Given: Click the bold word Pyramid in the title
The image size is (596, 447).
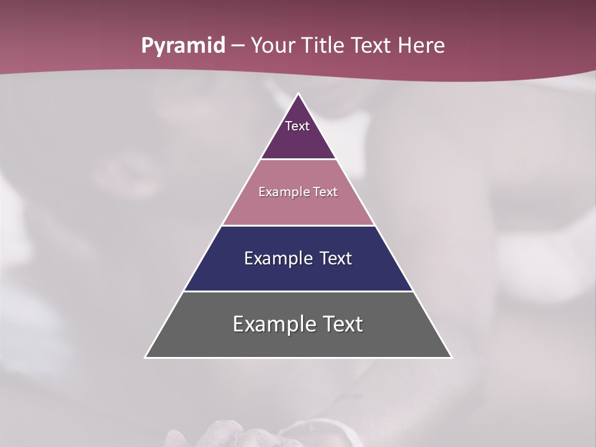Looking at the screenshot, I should (x=183, y=46).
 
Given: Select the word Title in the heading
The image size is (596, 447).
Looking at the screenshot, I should (x=323, y=45).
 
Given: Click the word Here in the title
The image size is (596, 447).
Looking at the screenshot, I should (x=422, y=45).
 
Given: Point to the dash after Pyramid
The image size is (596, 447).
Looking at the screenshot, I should (x=237, y=46).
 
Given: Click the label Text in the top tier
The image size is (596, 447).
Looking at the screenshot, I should (x=297, y=126).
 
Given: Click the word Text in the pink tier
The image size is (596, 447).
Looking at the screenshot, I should (x=325, y=192).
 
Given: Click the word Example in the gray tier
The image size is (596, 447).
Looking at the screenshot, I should (x=274, y=324).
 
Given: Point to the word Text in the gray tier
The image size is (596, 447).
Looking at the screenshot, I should (x=343, y=324).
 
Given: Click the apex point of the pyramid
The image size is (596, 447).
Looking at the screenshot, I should (x=298, y=94).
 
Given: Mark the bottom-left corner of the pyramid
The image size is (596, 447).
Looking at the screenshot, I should (x=145, y=357).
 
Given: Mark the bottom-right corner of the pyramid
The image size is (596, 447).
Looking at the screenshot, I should (x=451, y=357).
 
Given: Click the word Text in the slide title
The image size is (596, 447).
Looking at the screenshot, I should (x=371, y=45).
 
